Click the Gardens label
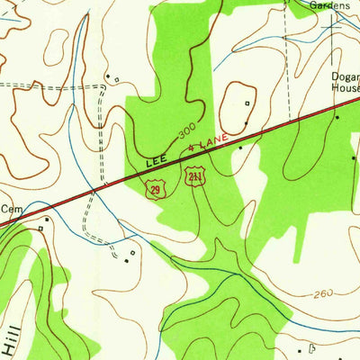pyautogui.click(x=329, y=5)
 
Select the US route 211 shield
pyautogui.click(x=193, y=175)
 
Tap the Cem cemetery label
pyautogui.click(x=11, y=209)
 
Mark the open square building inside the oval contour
pyautogui.click(x=247, y=103)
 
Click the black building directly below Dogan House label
pyautogui.click(x=337, y=117)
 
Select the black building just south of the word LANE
pyautogui.click(x=240, y=146)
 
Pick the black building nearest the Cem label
pyautogui.click(x=47, y=217)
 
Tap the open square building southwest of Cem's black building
pyautogui.click(x=40, y=229)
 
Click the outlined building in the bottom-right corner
pyautogui.click(x=311, y=346)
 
